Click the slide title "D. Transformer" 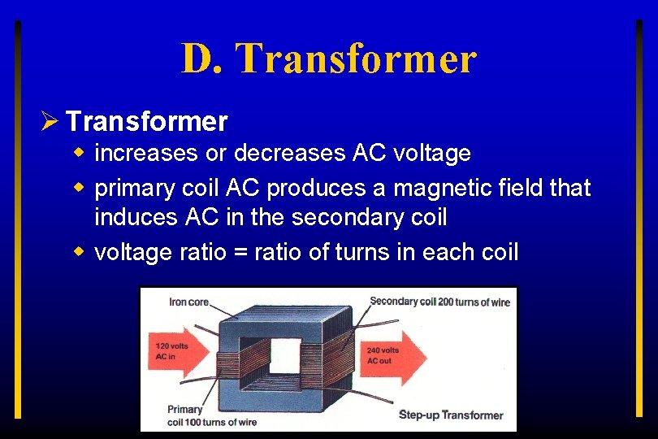point(328,59)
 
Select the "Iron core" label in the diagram point(188,302)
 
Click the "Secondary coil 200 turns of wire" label point(439,302)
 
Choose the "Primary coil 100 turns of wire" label point(211,415)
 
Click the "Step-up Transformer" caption point(451,415)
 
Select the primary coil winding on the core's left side point(241,362)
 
